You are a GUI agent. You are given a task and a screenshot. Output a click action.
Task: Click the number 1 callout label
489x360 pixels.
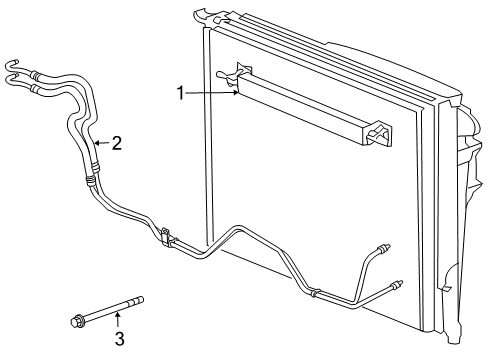(181, 93)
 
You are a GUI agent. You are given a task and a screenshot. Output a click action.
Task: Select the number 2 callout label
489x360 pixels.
(117, 144)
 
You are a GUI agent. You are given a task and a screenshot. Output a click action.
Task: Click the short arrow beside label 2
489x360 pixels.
(101, 144)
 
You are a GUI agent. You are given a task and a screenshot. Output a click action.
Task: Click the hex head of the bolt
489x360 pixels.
(77, 320)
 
